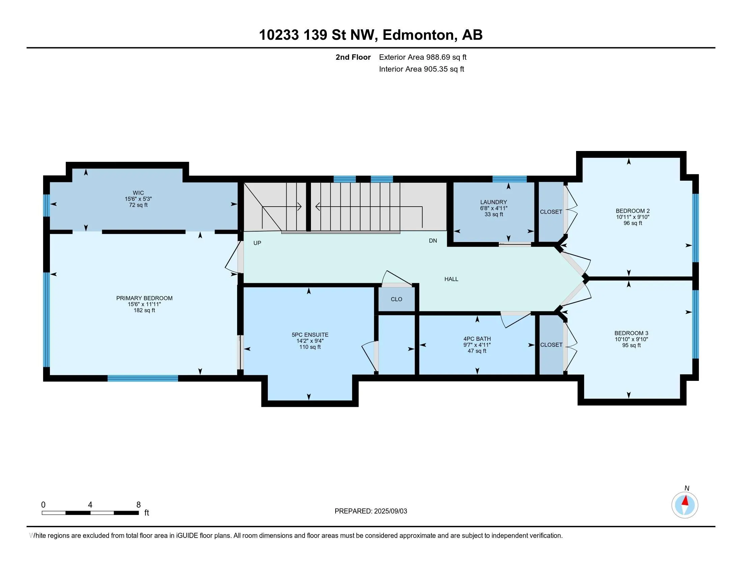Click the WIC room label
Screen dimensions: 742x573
point(138,193)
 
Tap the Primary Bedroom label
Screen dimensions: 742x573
point(144,298)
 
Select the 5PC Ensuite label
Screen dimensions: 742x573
point(310,335)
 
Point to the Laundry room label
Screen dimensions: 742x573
point(494,202)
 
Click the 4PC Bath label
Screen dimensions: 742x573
point(477,339)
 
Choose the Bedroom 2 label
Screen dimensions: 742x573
point(633,211)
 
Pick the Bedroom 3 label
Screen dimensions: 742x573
point(631,333)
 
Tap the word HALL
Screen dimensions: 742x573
point(451,279)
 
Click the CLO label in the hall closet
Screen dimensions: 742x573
point(397,299)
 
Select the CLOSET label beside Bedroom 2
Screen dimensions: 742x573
point(551,212)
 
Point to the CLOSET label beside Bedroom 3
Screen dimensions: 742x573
point(551,345)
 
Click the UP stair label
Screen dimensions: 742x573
point(257,243)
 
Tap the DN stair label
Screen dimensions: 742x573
point(433,241)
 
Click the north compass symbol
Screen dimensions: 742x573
point(685,505)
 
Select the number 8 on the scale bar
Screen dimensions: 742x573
point(138,505)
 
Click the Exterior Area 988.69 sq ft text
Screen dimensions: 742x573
point(423,57)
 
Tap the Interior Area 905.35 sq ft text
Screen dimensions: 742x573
point(421,69)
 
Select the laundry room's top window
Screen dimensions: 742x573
point(509,179)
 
